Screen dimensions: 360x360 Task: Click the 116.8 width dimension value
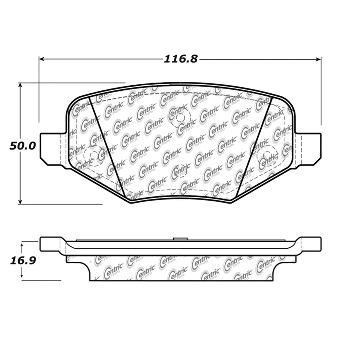pos(180,59)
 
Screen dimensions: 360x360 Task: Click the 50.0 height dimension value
pos(22,145)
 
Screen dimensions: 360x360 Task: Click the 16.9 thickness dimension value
pos(22,261)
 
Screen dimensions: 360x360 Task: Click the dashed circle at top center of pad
pos(180,117)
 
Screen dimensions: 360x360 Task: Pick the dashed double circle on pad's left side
pos(93,154)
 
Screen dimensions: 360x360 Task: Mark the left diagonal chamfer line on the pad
pos(109,146)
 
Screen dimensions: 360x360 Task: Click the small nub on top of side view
pos(180,238)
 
